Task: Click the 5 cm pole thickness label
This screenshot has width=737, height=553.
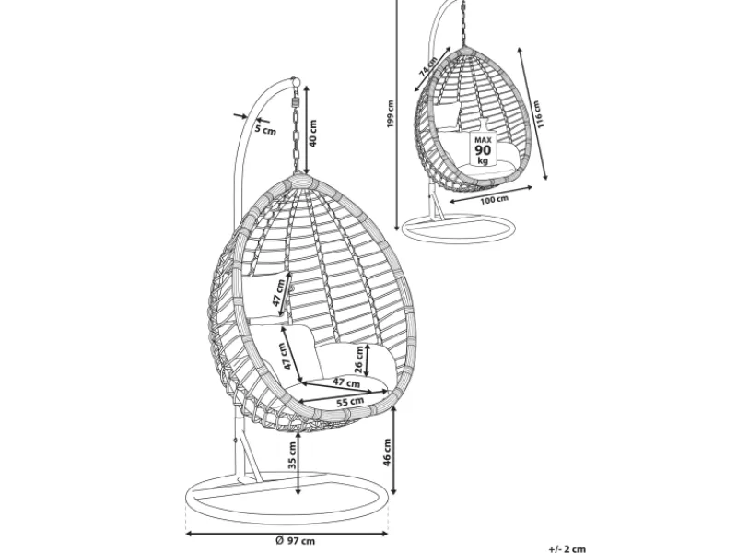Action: click(x=265, y=130)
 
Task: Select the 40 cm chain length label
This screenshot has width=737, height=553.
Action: click(x=313, y=135)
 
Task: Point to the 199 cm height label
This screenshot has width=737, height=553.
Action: click(x=391, y=113)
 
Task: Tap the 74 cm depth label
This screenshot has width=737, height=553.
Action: click(x=427, y=65)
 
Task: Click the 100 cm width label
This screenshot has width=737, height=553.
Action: click(x=494, y=198)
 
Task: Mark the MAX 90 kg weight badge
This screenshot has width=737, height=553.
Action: click(x=483, y=147)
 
